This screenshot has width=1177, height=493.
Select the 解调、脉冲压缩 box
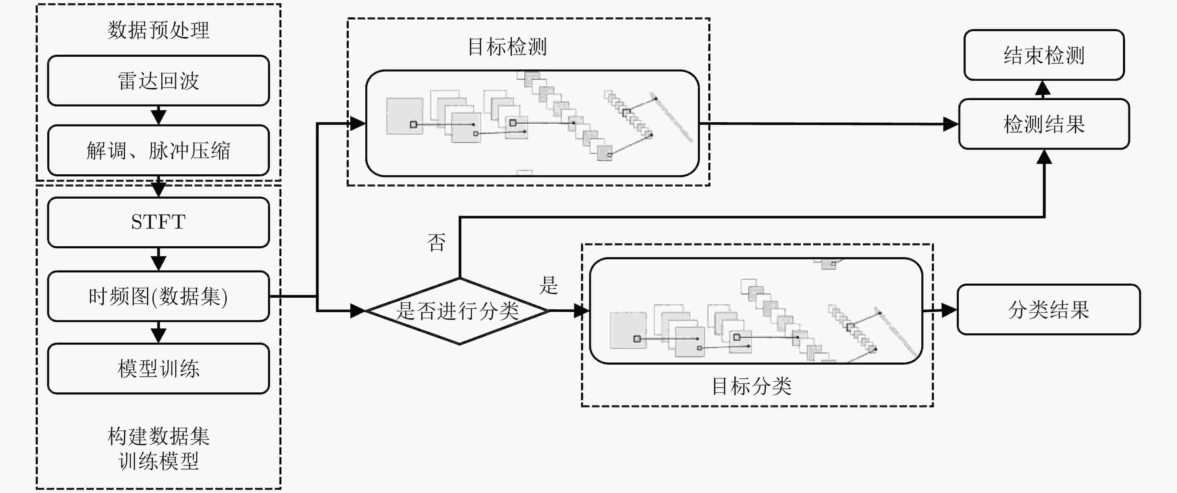click(x=158, y=150)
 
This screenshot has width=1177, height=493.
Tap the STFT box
click(x=158, y=222)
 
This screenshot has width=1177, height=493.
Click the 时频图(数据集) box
click(x=158, y=296)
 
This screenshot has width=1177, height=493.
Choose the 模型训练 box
click(x=158, y=368)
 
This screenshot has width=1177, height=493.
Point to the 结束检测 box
click(x=1044, y=55)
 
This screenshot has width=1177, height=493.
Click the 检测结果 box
click(x=1044, y=124)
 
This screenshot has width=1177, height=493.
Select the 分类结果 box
click(x=1049, y=309)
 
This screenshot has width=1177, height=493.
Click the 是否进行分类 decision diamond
click(x=458, y=311)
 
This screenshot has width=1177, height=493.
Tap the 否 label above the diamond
click(x=436, y=242)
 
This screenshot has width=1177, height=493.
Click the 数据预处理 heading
click(x=158, y=30)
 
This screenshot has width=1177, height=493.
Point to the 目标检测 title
click(x=507, y=47)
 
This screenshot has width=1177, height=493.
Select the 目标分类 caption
click(x=752, y=386)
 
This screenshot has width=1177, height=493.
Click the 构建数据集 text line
click(x=158, y=436)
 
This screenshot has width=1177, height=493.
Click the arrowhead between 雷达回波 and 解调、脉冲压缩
click(x=158, y=116)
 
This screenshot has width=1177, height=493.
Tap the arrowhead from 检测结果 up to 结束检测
click(x=1043, y=89)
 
